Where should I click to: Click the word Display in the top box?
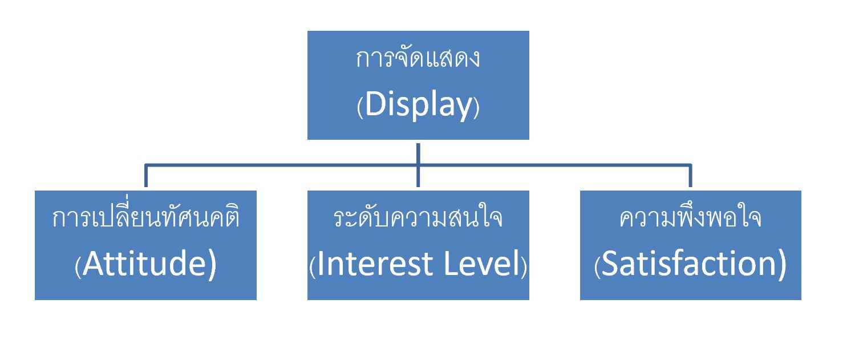[419, 106]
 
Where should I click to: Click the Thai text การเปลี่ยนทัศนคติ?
[145, 219]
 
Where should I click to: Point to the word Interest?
[377, 265]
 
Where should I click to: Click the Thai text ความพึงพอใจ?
[690, 219]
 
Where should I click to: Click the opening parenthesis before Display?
[360, 108]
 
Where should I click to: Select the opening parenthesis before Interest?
[312, 267]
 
